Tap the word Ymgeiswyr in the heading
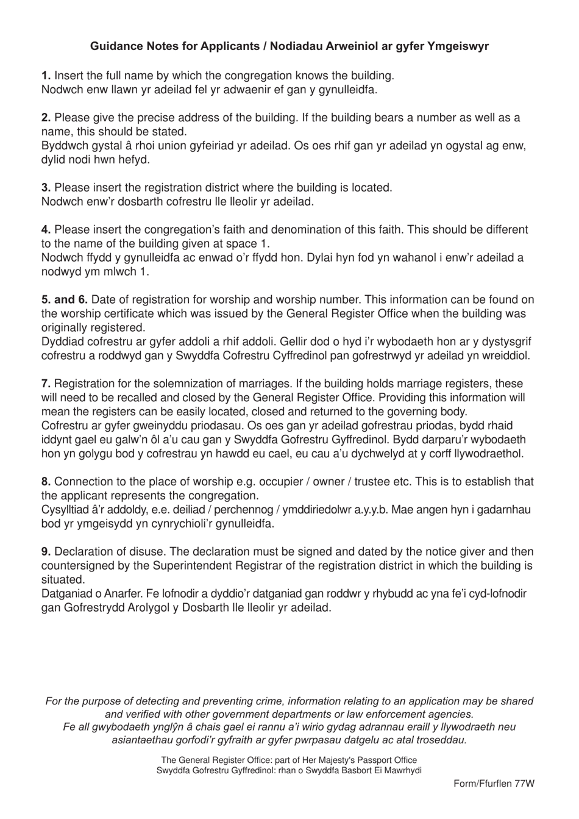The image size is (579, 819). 458,46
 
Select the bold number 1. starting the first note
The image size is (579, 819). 46,76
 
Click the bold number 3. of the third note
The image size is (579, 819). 46,188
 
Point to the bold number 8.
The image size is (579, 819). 46,482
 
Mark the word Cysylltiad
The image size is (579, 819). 67,510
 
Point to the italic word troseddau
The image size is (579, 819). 441,740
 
